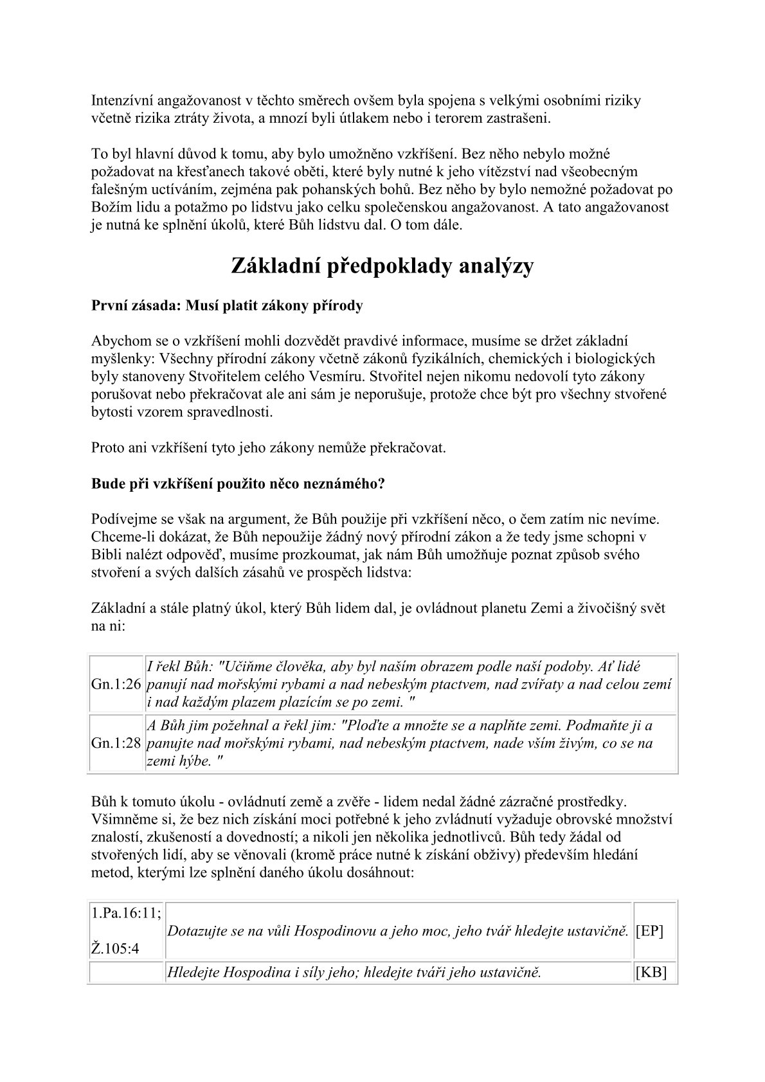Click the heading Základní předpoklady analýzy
coord(382,266)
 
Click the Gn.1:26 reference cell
coord(116,685)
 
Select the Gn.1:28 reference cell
coord(116,743)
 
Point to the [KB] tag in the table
coord(651,973)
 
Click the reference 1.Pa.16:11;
coord(126,914)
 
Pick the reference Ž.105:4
coord(116,948)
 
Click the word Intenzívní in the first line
coord(122,101)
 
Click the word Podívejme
coord(123,519)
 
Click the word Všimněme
coord(122,820)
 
